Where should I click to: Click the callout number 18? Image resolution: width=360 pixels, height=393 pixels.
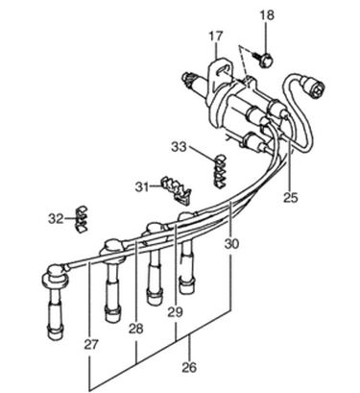coord(267,15)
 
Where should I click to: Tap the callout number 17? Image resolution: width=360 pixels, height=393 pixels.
coord(215,36)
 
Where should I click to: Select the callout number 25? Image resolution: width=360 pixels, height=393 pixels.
coord(290,197)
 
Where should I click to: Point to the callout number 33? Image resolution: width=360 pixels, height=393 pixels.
coord(179,147)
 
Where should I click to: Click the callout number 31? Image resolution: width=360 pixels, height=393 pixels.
coord(142,186)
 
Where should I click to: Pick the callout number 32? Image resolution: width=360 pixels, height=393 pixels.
coord(56,219)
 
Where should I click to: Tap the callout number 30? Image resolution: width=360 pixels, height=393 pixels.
coord(231,244)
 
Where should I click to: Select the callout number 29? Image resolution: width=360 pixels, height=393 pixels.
coord(176,311)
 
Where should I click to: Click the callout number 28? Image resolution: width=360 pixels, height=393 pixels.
coord(136,329)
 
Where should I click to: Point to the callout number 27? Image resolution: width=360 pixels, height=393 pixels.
coord(91,345)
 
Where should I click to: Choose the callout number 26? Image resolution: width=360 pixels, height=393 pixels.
coord(189,367)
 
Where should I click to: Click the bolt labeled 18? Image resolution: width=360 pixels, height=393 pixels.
coord(264,60)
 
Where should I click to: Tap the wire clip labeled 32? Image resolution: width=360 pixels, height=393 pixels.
coord(82,219)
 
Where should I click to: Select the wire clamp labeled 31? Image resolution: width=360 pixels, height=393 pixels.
coord(176,190)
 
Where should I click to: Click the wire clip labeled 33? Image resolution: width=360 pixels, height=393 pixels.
coord(220,171)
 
